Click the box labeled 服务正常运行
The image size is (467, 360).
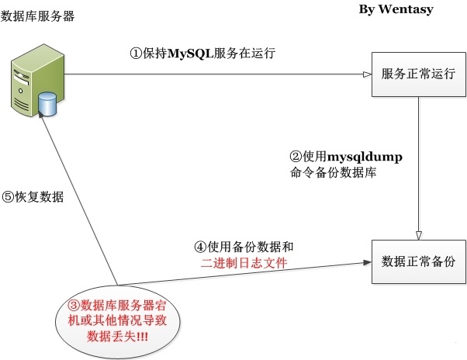pyautogui.click(x=418, y=74)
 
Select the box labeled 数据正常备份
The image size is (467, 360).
pyautogui.click(x=418, y=261)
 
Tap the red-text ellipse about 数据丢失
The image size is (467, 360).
pyautogui.click(x=118, y=321)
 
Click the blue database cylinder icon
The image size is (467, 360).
pyautogui.click(x=47, y=104)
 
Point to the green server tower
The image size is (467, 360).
pyautogui.click(x=37, y=81)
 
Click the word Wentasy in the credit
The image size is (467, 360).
pyautogui.click(x=406, y=9)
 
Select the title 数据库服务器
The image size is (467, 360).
pyautogui.click(x=37, y=16)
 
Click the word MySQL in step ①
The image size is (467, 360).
pyautogui.click(x=191, y=54)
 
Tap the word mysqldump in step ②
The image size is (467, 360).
pyautogui.click(x=365, y=157)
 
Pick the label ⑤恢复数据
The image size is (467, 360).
pyautogui.click(x=33, y=197)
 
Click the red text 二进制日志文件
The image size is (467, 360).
pyautogui.click(x=244, y=263)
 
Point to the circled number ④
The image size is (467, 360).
pyautogui.click(x=200, y=247)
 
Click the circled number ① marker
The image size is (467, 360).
pyautogui.click(x=136, y=54)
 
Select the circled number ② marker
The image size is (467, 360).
pyautogui.click(x=296, y=156)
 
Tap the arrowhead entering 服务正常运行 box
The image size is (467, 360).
pyautogui.click(x=368, y=74)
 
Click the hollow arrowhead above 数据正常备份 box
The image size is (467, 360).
pyautogui.click(x=418, y=236)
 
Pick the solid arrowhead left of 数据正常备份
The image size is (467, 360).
pyautogui.click(x=367, y=262)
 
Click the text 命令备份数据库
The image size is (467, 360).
pyautogui.click(x=333, y=172)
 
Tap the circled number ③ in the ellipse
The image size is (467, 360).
pyautogui.click(x=74, y=306)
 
